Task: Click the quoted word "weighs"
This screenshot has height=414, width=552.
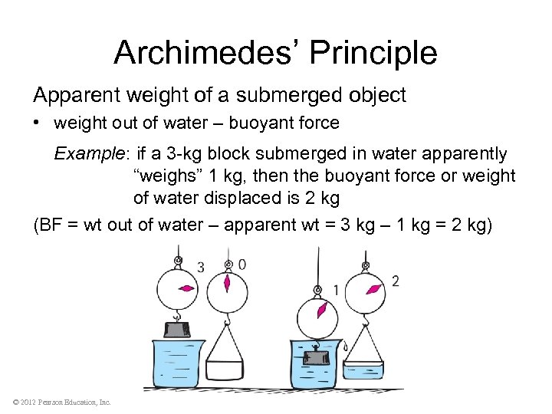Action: (168, 176)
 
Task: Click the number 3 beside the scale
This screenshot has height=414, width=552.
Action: (200, 267)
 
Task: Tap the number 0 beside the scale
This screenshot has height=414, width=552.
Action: (242, 265)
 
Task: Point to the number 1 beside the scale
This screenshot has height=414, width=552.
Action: (335, 289)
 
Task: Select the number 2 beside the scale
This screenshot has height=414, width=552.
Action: (395, 281)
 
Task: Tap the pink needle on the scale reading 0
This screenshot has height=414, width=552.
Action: (226, 284)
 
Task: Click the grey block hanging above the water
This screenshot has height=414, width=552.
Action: (178, 330)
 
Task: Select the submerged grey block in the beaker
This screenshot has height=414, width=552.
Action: (316, 357)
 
